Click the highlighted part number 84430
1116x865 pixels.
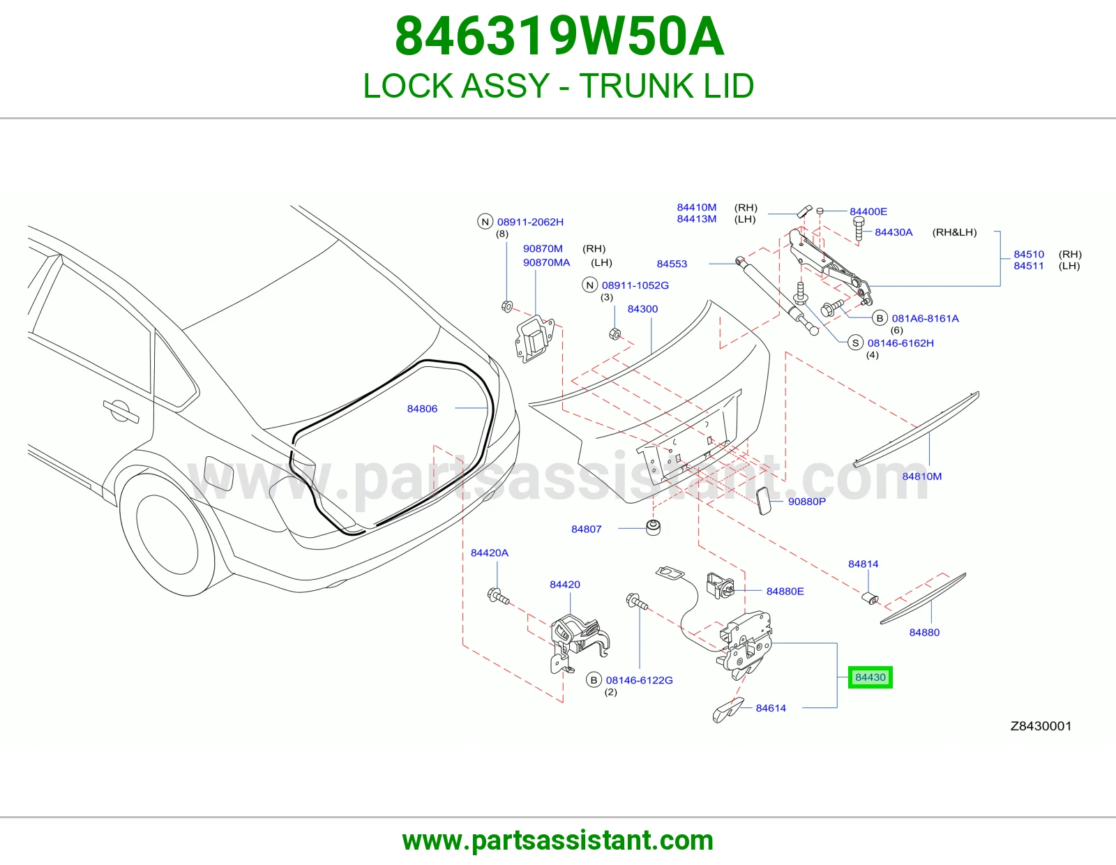coord(870,677)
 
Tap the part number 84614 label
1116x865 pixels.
coord(770,708)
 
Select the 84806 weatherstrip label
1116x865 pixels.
coord(422,408)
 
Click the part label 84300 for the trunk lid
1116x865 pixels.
coord(642,309)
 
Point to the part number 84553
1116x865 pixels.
coord(672,264)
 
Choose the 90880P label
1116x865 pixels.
coord(807,502)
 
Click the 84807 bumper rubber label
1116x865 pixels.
coord(586,529)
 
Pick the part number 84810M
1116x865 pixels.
coord(922,476)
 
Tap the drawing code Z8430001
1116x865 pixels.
coord(1041,725)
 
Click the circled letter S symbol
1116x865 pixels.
coord(855,343)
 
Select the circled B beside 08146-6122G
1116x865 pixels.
coord(594,679)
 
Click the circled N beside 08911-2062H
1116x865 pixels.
coord(485,221)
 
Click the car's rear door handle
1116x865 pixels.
coord(121,410)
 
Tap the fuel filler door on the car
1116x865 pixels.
coord(218,473)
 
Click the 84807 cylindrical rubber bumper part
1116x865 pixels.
coord(653,527)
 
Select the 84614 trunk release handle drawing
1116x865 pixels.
coord(727,709)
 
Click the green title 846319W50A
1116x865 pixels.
coord(559,36)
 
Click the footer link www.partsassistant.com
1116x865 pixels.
coord(558,841)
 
